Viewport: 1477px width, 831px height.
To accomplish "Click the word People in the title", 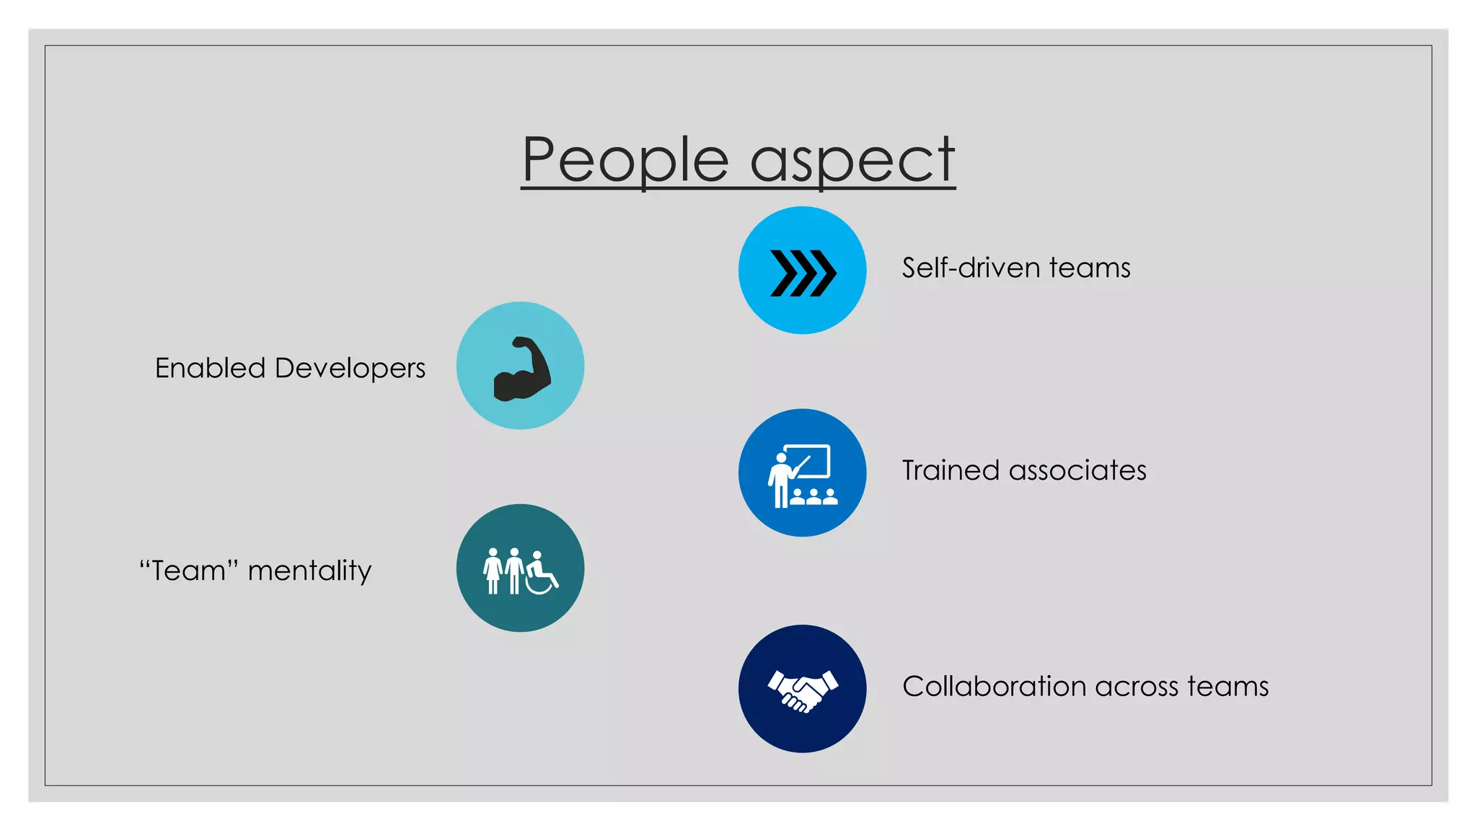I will coord(625,159).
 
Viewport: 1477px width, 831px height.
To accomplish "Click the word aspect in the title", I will coord(852,161).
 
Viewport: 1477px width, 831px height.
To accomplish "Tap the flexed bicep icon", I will coord(521,369).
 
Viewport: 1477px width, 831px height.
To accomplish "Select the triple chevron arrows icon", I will coord(803,273).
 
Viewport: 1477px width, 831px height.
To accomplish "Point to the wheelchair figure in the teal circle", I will coord(541,573).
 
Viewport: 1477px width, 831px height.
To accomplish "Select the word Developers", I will coord(350,369).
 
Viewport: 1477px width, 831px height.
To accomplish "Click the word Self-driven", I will coord(970,268).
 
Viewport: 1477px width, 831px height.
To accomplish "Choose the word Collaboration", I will coord(994,686).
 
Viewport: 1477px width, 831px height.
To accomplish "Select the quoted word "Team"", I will coord(188,571).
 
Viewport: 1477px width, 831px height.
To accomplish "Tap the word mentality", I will coord(309,571).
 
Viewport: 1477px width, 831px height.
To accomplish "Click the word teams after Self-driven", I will coord(1090,268).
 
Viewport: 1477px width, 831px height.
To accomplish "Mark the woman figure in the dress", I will coord(493,571).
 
